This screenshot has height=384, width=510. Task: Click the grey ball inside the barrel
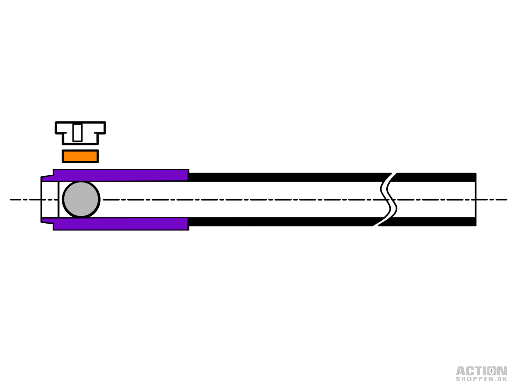81,200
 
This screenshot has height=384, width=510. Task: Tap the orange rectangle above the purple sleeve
80,156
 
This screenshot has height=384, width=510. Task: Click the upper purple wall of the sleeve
121,175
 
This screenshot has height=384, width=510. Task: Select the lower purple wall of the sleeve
121,224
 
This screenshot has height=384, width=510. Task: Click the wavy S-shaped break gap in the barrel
389,200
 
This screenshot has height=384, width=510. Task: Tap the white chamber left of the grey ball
50,200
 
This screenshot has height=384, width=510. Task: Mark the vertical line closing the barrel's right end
476,200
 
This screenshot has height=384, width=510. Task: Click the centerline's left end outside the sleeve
11,200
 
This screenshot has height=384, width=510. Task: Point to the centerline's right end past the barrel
507,200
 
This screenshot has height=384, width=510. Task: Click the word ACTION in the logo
481,371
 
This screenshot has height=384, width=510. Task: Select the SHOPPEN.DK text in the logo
481,379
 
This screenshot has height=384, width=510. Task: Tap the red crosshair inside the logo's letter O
491,371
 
